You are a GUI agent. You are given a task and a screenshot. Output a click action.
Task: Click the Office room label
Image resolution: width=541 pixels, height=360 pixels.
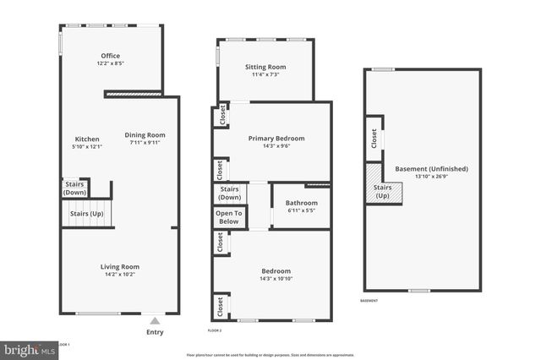pos(111,56)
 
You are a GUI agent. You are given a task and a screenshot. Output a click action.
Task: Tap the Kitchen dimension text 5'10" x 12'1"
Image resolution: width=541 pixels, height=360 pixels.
pos(87,147)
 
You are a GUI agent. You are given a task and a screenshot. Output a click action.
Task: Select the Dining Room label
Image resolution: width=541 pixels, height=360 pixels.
pos(145,134)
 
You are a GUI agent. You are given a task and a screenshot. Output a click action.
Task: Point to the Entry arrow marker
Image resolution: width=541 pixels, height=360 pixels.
pos(153,321)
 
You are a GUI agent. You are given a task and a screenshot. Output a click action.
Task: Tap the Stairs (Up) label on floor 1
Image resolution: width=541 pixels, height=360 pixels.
pos(86,213)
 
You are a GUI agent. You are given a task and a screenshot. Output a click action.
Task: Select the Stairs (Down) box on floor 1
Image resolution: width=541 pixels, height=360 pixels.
pos(75,188)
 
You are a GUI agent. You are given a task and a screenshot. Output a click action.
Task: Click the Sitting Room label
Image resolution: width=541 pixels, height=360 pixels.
pos(265,66)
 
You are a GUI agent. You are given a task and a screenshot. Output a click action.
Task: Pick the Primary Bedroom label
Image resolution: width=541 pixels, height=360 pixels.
pos(276,138)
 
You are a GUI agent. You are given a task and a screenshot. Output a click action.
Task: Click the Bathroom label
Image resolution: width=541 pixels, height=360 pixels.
pos(301,203)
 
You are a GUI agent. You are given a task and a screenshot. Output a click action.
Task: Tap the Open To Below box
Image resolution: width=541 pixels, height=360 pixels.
pos(229,218)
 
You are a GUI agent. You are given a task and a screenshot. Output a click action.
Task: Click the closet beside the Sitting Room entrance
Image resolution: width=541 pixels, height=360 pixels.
pos(222,115)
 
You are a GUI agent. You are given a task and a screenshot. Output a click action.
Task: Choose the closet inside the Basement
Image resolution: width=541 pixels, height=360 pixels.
pos(374,138)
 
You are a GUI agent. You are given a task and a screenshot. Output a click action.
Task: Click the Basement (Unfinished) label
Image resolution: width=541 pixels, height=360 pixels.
pos(431,168)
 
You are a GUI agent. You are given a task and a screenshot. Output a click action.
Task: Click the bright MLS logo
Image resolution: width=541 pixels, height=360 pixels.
pos(30,348)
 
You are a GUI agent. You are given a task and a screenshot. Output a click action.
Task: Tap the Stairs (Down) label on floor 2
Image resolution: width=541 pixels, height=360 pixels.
pos(229,194)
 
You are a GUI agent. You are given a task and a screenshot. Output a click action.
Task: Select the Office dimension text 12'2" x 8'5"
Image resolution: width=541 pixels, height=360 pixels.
pos(111,63)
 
